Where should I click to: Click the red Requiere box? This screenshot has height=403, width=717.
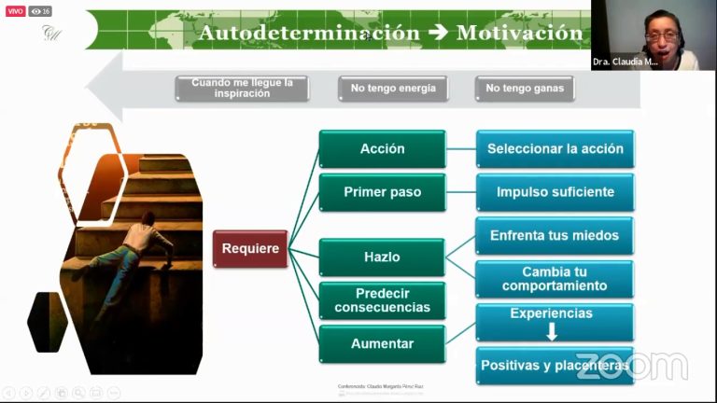pyautogui.click(x=250, y=249)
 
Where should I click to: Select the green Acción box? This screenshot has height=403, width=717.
pyautogui.click(x=382, y=149)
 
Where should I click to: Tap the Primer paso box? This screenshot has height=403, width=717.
pyautogui.click(x=382, y=192)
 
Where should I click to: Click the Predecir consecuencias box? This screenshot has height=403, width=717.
pyautogui.click(x=382, y=300)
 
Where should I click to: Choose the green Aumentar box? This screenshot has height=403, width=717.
pyautogui.click(x=382, y=343)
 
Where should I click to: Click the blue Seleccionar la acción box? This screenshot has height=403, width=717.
pyautogui.click(x=555, y=149)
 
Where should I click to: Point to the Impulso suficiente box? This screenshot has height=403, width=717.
pyautogui.click(x=555, y=192)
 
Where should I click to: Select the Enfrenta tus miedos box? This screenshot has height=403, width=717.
pyautogui.click(x=555, y=235)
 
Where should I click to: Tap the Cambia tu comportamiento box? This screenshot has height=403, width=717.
pyautogui.click(x=555, y=279)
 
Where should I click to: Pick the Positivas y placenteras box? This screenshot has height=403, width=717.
pyautogui.click(x=555, y=366)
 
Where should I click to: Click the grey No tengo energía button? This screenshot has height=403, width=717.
pyautogui.click(x=393, y=89)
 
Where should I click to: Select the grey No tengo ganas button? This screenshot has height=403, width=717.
pyautogui.click(x=524, y=89)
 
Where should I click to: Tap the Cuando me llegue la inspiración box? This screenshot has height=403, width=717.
pyautogui.click(x=242, y=89)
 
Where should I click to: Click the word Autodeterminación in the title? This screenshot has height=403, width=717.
pyautogui.click(x=309, y=33)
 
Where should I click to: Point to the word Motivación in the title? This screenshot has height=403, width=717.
pyautogui.click(x=519, y=33)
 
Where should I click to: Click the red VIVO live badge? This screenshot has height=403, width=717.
pyautogui.click(x=15, y=11)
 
